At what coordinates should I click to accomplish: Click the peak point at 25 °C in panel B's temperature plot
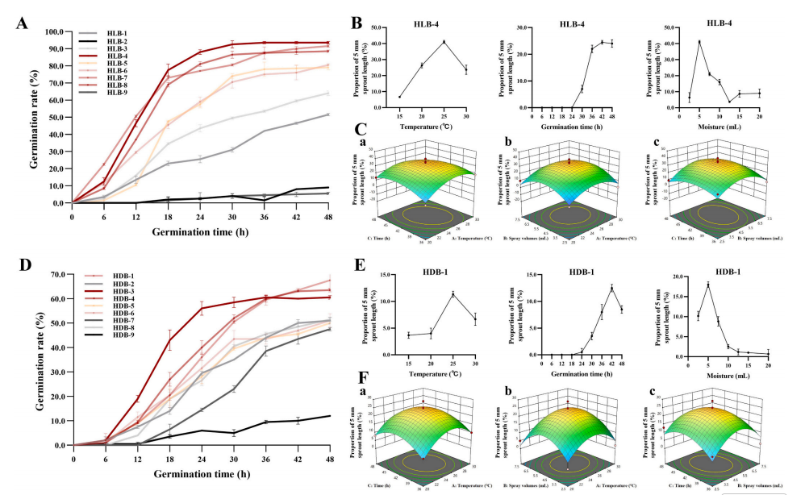point(443,42)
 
